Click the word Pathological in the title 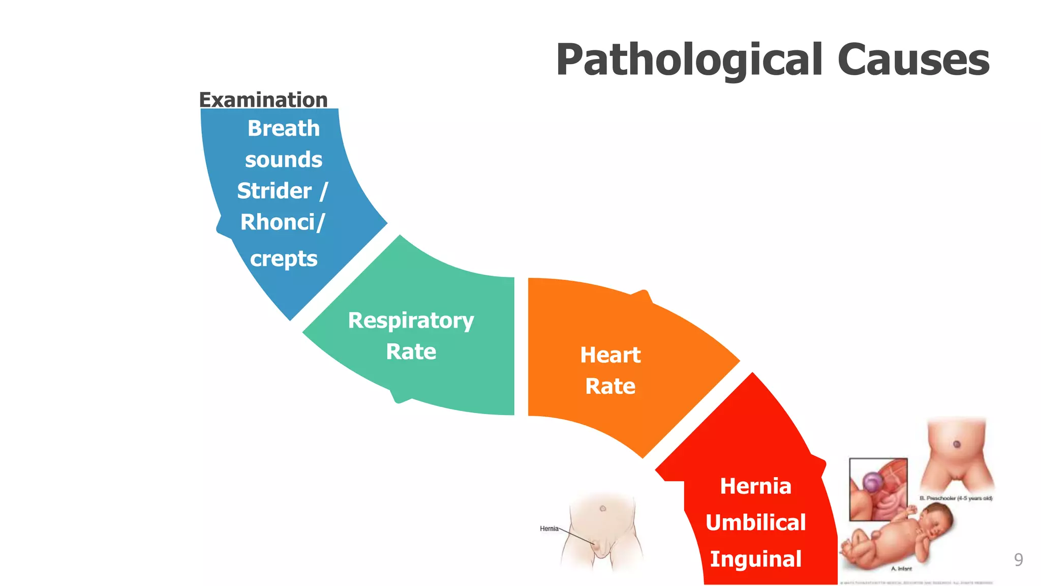[x=689, y=61]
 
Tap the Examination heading [x=263, y=100]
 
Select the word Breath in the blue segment [x=284, y=128]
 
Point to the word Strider [x=274, y=191]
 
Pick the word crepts [x=284, y=259]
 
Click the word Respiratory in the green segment [x=411, y=320]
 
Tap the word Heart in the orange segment [x=610, y=355]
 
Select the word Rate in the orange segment [x=610, y=386]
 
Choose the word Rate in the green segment [x=411, y=351]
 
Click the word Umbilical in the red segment [x=755, y=522]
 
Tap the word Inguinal [x=755, y=559]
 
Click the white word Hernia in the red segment [x=755, y=486]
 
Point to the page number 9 [x=1018, y=560]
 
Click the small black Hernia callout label [x=549, y=529]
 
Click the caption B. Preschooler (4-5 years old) [x=956, y=498]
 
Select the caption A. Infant [x=901, y=569]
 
